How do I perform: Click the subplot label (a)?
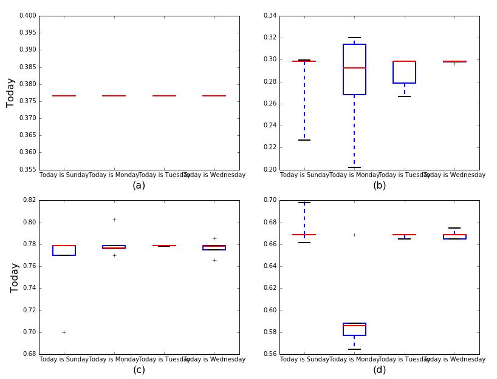pyautogui.click(x=139, y=186)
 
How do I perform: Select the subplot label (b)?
pyautogui.click(x=379, y=186)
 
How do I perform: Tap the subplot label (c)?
pyautogui.click(x=139, y=369)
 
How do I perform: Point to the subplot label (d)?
pyautogui.click(x=379, y=369)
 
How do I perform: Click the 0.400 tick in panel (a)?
pyautogui.click(x=27, y=16)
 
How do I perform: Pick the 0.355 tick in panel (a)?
pyautogui.click(x=27, y=170)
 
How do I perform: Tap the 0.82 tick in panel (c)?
pyautogui.click(x=29, y=200)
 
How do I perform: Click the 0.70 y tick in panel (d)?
pyautogui.click(x=269, y=200)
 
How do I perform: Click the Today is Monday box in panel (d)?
pyautogui.click(x=354, y=329)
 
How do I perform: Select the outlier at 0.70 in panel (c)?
pyautogui.click(x=64, y=332)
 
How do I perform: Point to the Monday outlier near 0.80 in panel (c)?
pyautogui.click(x=114, y=220)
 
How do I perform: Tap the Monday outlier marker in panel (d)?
pyautogui.click(x=354, y=235)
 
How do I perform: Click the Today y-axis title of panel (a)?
pyautogui.click(x=10, y=93)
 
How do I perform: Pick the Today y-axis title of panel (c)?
pyautogui.click(x=15, y=277)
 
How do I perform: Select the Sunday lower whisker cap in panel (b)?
pyautogui.click(x=304, y=140)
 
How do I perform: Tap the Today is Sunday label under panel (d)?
pyautogui.click(x=304, y=360)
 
